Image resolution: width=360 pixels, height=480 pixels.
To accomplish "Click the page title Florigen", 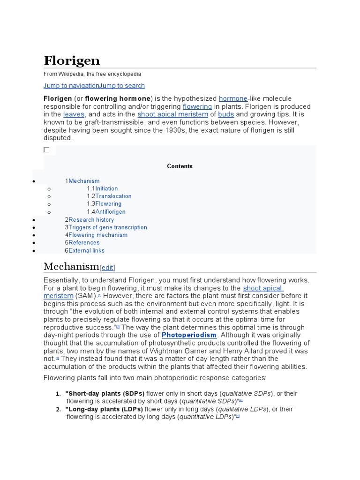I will [72, 60].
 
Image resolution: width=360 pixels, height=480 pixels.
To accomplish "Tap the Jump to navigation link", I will [71, 86].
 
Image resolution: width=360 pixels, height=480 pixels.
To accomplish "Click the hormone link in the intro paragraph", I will [233, 98].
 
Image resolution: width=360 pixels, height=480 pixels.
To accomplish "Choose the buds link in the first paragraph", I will [226, 114].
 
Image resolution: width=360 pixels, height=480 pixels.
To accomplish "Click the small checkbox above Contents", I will [46, 150].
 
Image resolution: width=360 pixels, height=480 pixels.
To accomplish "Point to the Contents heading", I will [180, 166].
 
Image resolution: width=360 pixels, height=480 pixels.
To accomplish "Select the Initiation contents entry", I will [106, 188].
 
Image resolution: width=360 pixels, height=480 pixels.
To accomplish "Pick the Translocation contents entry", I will [113, 196].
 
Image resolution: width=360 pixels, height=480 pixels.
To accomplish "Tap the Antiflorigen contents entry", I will [110, 212].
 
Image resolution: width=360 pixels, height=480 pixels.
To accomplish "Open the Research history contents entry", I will [91, 219].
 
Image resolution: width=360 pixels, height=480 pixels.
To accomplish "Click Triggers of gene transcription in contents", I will [107, 227].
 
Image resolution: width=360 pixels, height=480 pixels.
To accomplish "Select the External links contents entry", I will [86, 250].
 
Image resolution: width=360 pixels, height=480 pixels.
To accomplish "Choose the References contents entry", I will [84, 242].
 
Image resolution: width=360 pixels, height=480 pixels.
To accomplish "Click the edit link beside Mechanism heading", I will [107, 268].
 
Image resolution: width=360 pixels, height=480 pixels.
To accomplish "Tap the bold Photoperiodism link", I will [189, 335].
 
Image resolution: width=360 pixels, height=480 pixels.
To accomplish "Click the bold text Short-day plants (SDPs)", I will [105, 393].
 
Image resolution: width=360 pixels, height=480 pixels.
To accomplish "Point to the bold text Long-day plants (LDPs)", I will [105, 409].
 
